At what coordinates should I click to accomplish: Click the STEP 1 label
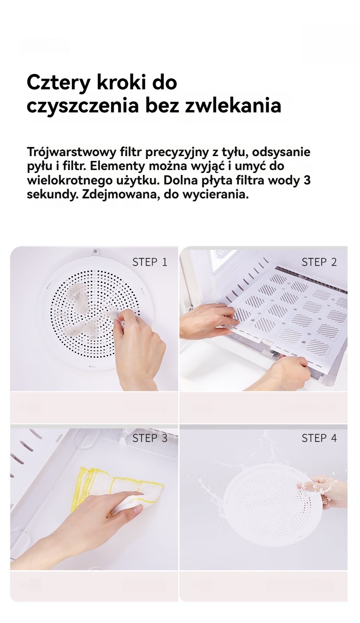(x=150, y=262)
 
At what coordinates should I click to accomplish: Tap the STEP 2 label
(x=319, y=262)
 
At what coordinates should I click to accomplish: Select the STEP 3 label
(x=150, y=438)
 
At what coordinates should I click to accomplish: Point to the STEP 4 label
(x=319, y=438)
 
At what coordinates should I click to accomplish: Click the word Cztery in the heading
(x=59, y=83)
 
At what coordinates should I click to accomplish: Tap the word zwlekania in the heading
(x=233, y=105)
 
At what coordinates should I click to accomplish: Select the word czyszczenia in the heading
(x=83, y=106)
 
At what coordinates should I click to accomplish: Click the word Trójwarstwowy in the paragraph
(x=72, y=153)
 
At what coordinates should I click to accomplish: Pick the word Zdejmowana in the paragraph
(x=120, y=195)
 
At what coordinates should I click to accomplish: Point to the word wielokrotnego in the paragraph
(x=69, y=181)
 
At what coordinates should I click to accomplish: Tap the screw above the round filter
(x=96, y=251)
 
